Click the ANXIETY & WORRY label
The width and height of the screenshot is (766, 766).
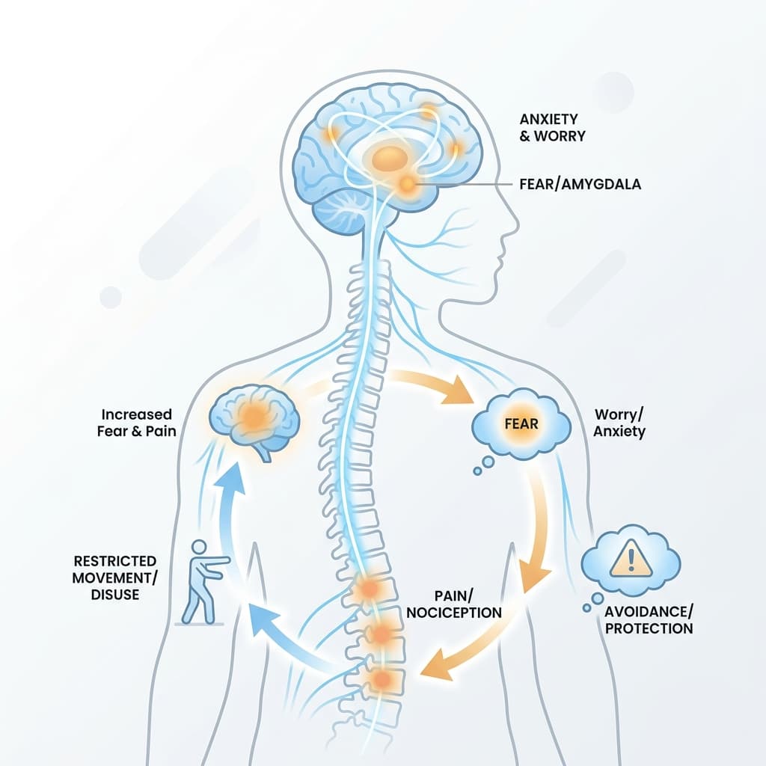[552, 127]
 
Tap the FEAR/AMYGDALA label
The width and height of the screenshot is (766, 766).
[580, 184]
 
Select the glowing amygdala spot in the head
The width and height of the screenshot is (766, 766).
[406, 184]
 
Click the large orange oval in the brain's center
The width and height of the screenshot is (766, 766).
[389, 158]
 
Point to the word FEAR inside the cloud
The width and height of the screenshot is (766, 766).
[521, 423]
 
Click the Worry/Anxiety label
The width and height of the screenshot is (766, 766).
[619, 423]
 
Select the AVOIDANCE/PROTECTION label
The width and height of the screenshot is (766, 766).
[649, 620]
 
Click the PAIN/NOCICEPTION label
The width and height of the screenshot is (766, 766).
[454, 604]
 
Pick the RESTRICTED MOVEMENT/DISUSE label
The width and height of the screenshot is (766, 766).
[114, 577]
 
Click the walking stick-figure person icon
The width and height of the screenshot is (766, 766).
[203, 582]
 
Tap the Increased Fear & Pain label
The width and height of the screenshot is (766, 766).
[136, 423]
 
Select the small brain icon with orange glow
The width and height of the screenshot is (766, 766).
[254, 420]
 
